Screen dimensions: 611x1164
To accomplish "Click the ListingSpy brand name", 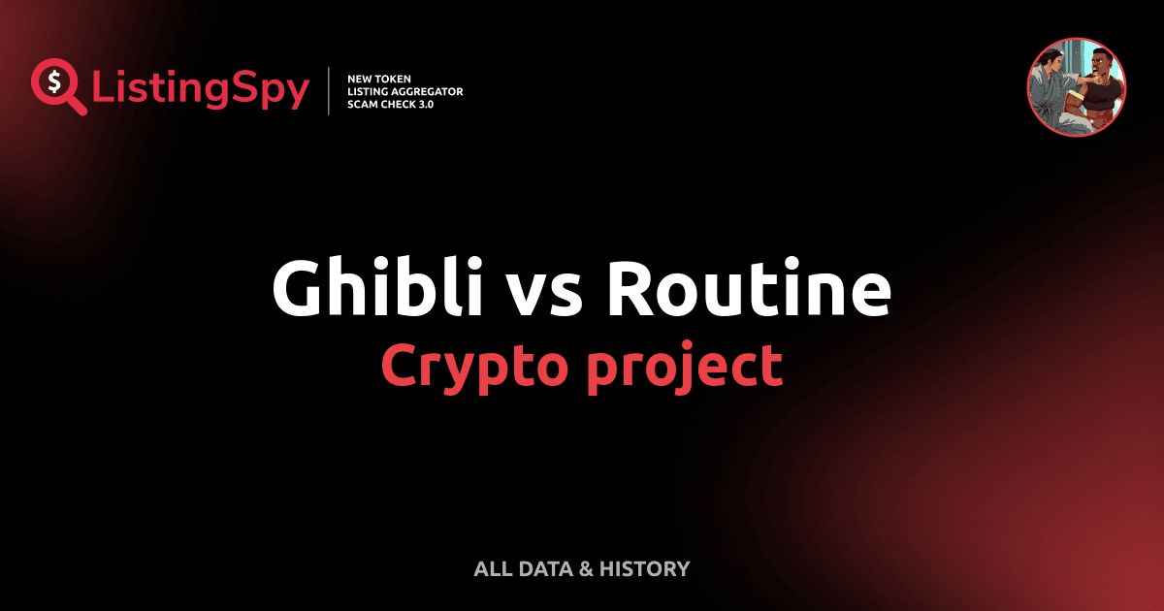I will (201, 89).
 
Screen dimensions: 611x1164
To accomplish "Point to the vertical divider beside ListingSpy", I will (330, 91).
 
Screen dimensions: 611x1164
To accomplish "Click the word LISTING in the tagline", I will (370, 91).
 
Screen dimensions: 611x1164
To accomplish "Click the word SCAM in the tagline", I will (365, 105).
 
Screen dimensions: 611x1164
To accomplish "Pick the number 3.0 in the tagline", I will (425, 105).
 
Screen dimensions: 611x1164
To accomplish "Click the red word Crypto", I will (475, 366).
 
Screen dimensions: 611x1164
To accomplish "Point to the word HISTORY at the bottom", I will (645, 569).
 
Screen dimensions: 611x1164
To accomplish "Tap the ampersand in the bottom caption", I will (585, 569).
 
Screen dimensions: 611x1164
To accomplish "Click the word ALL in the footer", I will (492, 569).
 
